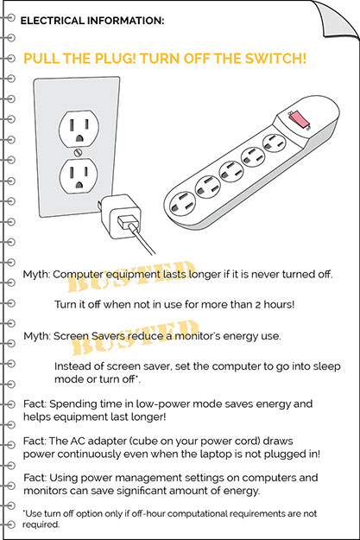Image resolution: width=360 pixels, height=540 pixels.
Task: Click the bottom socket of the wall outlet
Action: coord(79,175)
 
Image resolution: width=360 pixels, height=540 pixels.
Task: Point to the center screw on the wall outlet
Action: coord(79,152)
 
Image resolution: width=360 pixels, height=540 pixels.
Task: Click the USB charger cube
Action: coord(121,216)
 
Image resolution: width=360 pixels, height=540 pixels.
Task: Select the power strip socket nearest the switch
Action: coord(275,143)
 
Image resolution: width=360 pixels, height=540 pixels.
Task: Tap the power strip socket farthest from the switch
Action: coord(182,203)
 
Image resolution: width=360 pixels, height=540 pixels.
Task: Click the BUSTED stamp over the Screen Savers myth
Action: coord(136,337)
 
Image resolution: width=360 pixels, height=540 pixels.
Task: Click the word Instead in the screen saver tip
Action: coord(71,366)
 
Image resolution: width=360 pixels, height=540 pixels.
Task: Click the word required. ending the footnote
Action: coord(41,524)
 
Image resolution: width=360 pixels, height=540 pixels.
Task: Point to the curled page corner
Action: coord(335,19)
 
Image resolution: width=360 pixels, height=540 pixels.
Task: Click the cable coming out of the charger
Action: coord(142,239)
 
